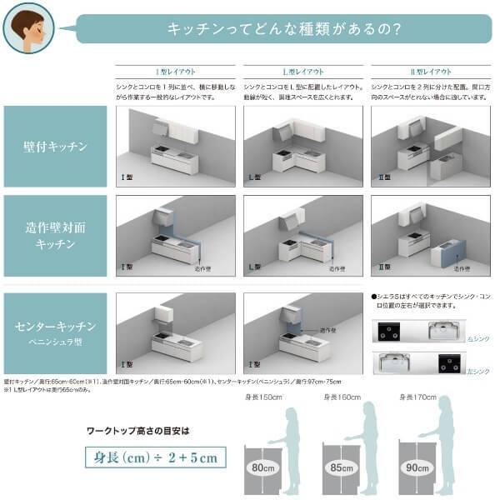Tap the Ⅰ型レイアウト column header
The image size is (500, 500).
[177, 72]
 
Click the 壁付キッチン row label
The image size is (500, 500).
[55, 147]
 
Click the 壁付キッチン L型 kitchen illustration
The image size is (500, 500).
[302, 146]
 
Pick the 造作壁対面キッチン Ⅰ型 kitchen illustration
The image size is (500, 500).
[176, 235]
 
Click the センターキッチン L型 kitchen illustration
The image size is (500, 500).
[302, 331]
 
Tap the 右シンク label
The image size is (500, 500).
[477, 340]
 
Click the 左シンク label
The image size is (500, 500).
[477, 371]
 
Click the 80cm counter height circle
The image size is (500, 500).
[266, 467]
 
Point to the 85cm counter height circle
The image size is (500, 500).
[342, 467]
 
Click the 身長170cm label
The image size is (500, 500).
[418, 397]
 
